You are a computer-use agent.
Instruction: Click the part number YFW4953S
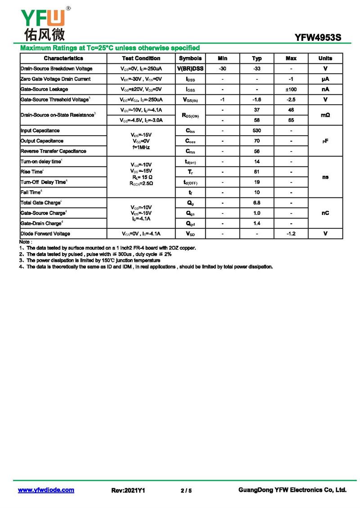coord(318,38)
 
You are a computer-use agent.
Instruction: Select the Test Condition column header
coord(141,58)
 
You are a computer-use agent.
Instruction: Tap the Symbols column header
coord(190,58)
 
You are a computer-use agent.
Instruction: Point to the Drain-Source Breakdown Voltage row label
coord(56,69)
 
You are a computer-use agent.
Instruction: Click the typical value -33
coord(256,69)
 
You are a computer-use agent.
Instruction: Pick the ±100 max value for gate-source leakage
coord(291,89)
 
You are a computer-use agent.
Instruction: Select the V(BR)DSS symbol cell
coord(190,69)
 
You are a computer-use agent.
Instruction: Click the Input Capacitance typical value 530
coord(256,131)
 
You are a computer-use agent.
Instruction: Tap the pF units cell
coord(325,141)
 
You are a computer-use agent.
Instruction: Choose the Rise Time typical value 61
coord(256,172)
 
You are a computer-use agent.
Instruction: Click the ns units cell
coord(325,177)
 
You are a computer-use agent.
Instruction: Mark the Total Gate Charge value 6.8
coord(256,203)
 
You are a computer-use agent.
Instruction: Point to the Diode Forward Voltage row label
coord(45,234)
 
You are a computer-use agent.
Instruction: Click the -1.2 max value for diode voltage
coord(291,234)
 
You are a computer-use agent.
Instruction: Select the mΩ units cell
coord(325,116)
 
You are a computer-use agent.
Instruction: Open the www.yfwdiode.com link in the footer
coord(46,490)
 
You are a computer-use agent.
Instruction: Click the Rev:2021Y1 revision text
coord(128,490)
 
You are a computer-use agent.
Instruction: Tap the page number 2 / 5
coord(186,490)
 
